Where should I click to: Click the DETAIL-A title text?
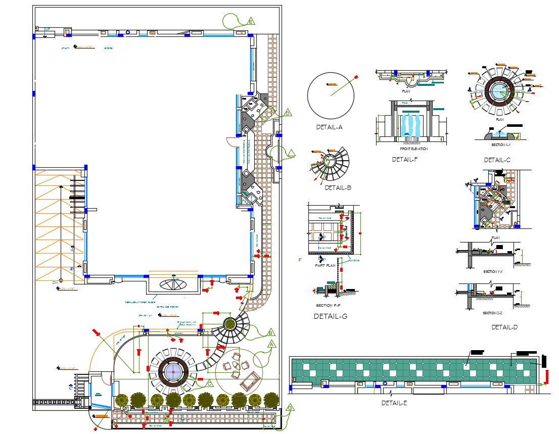point(329,127)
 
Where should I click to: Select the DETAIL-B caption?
point(338,188)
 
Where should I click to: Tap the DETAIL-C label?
point(497,160)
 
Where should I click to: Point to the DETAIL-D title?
point(504,327)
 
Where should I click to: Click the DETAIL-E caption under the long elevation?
point(394,403)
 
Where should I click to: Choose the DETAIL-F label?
point(405,160)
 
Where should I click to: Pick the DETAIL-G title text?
point(331,317)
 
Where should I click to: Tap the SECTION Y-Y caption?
point(493,272)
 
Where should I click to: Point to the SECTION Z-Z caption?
point(493,313)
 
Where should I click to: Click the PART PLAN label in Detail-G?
point(325,265)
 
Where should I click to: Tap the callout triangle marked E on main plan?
point(251,21)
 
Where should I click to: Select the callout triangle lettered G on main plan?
point(290,408)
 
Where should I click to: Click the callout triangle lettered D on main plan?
point(288,113)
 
